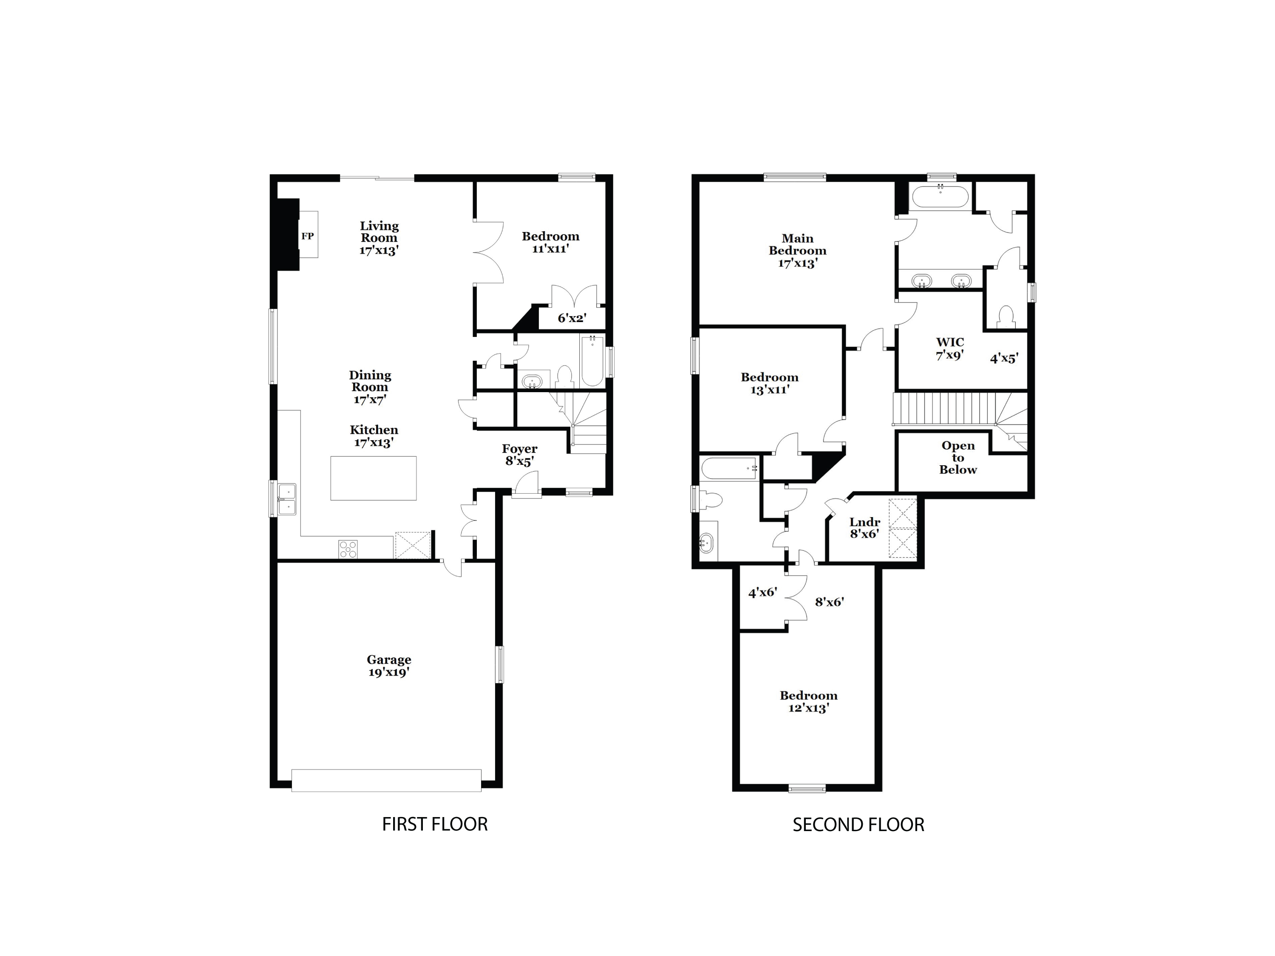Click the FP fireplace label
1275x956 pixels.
(x=307, y=236)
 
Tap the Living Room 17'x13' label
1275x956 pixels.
(x=379, y=238)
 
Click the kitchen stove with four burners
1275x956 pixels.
(x=348, y=549)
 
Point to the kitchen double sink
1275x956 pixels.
(x=287, y=499)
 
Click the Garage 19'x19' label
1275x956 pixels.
(x=389, y=665)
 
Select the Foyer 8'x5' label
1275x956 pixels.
(x=519, y=455)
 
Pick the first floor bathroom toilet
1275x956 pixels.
(x=564, y=377)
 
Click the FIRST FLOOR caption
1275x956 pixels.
(x=435, y=824)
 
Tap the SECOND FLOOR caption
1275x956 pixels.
(x=858, y=825)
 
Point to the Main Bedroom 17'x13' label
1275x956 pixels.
(x=798, y=251)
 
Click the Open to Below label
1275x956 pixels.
(x=958, y=458)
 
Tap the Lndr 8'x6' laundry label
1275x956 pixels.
(x=864, y=528)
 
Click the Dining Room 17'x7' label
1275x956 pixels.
(x=370, y=387)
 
